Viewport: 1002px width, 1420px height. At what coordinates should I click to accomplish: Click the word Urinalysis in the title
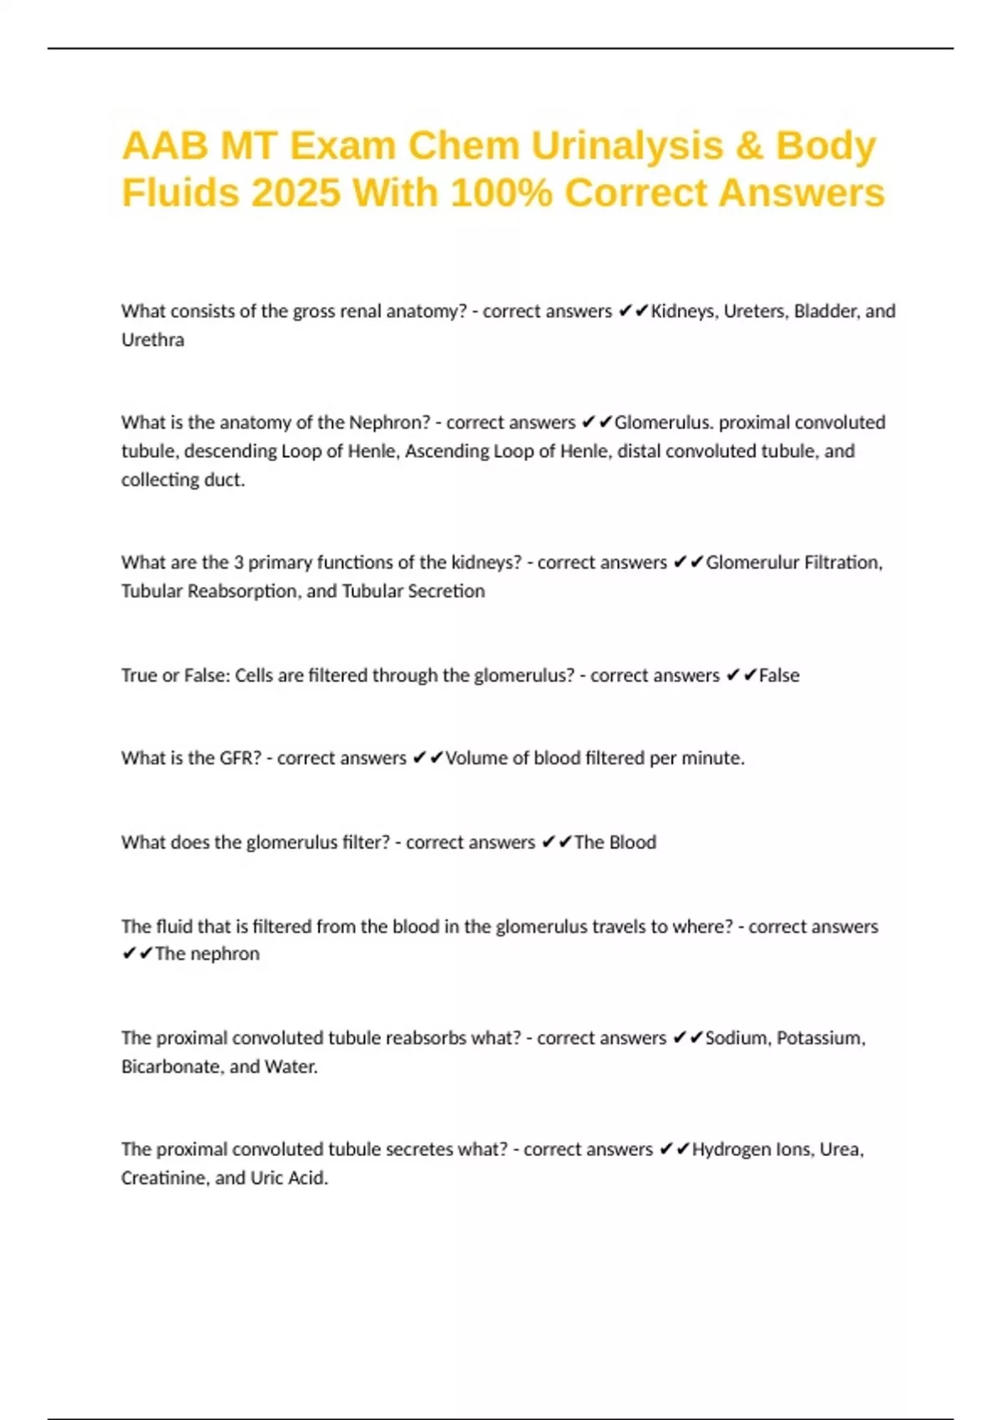point(627,146)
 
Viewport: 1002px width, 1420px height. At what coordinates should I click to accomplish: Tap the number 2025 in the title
point(296,193)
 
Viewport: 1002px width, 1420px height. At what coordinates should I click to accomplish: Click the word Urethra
point(153,340)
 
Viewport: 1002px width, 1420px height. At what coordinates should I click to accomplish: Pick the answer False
point(779,676)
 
